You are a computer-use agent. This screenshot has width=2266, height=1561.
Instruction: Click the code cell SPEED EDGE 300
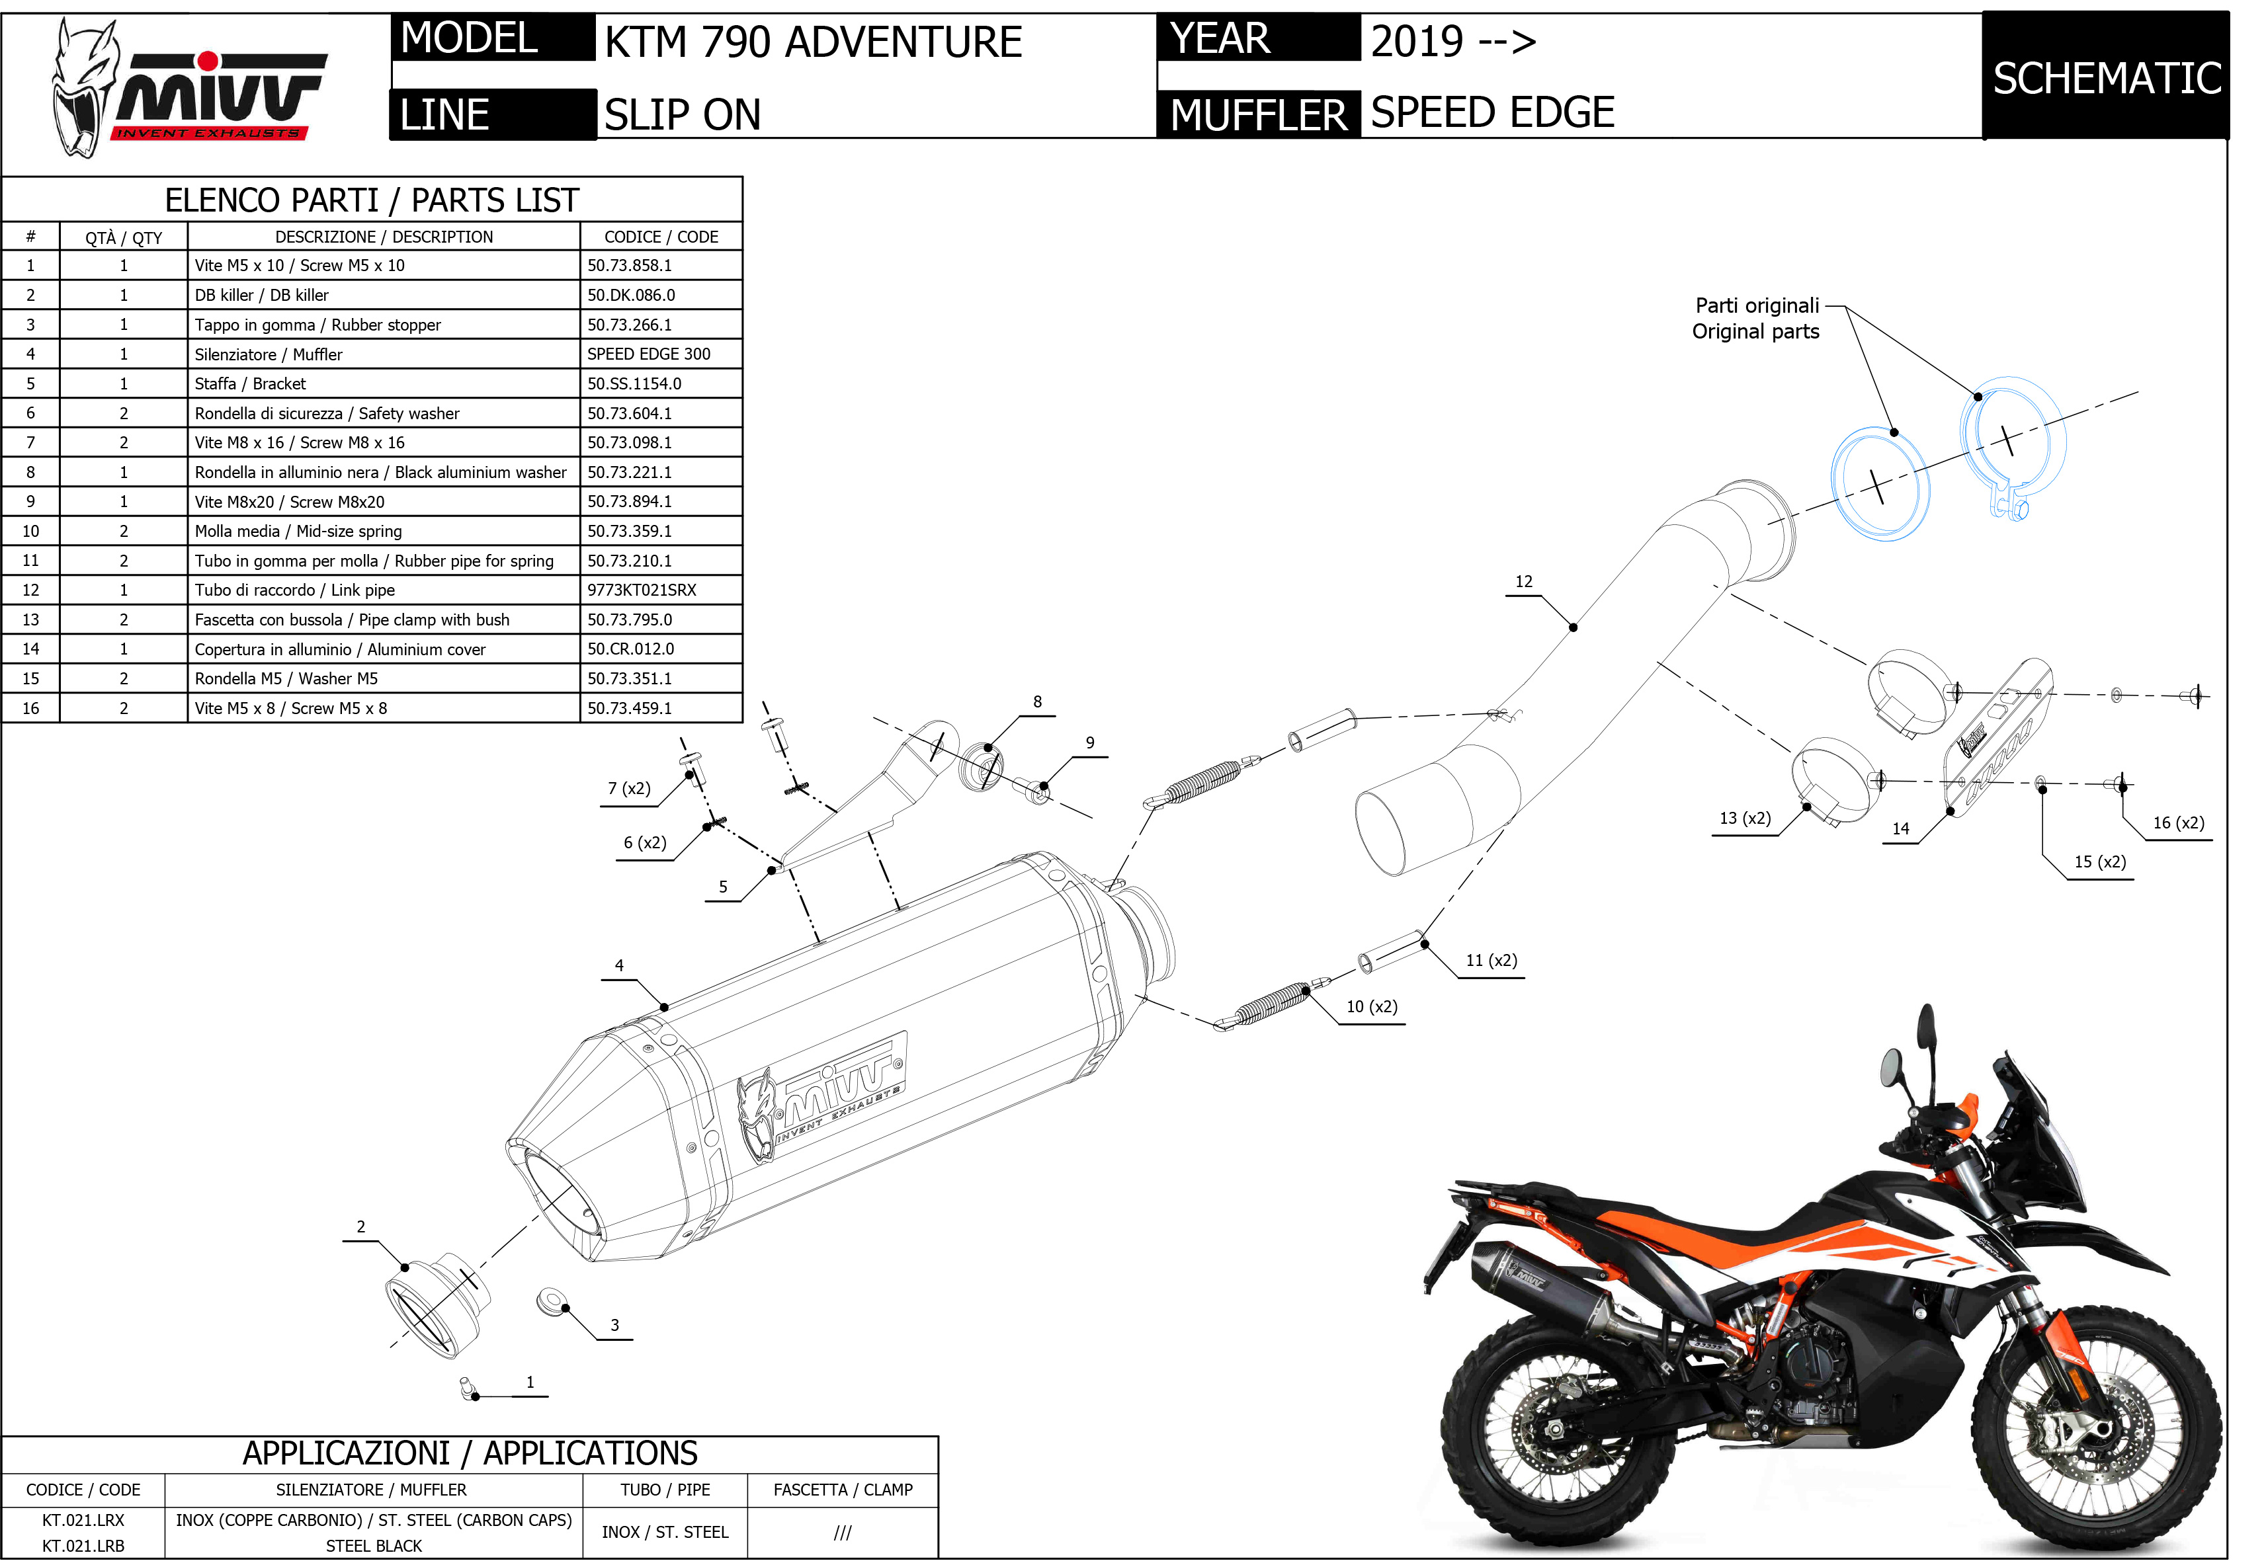[x=649, y=354]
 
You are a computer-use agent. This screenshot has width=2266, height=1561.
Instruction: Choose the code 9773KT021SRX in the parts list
[x=642, y=590]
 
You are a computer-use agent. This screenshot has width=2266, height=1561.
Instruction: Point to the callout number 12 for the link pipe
[x=1523, y=581]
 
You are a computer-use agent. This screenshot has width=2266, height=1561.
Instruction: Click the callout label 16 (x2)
[x=2178, y=822]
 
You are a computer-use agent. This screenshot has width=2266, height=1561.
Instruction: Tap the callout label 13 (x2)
[x=1745, y=818]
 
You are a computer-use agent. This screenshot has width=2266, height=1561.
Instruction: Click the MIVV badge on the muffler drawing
[x=822, y=1096]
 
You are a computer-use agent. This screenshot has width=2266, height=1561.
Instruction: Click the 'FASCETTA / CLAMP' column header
[x=843, y=1490]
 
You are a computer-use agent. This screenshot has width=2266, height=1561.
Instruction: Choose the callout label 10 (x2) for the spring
[x=1372, y=1006]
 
